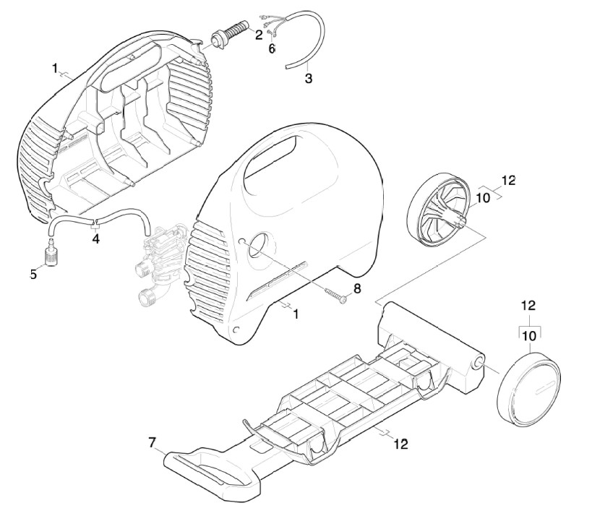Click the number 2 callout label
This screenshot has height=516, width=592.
click(x=259, y=35)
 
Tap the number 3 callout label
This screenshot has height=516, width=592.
click(x=309, y=79)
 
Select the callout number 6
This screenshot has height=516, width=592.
click(x=272, y=48)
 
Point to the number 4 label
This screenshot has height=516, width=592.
click(x=96, y=238)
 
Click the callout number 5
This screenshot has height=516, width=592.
click(x=33, y=275)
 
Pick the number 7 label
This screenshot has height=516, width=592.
click(x=152, y=442)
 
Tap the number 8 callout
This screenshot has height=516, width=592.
click(x=357, y=289)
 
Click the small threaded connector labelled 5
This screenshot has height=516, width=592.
click(x=49, y=250)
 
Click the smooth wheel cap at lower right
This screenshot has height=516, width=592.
click(x=528, y=384)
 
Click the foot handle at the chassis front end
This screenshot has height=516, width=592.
click(x=213, y=468)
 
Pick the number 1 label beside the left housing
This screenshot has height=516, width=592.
click(x=55, y=69)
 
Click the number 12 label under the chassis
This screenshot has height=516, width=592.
click(x=401, y=444)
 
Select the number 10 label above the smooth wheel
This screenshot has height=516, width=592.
click(x=529, y=336)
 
